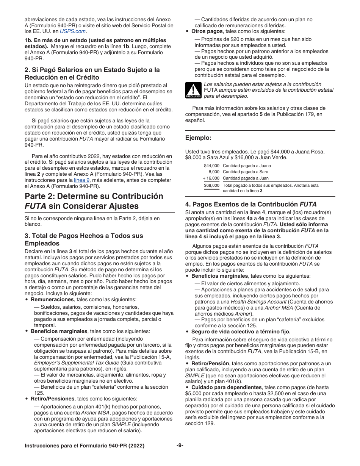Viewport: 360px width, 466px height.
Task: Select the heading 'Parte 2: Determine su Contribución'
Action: pyautogui.click(x=94, y=196)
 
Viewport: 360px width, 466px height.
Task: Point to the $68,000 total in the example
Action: pyautogui.click(x=211, y=185)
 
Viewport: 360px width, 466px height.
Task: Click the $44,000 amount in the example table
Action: pyautogui.click(x=211, y=166)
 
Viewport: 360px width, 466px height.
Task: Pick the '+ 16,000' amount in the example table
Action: pyautogui.click(x=211, y=178)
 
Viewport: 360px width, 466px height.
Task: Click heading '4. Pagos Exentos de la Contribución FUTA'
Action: pyautogui.click(x=251, y=204)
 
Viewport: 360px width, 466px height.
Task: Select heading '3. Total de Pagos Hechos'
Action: pyautogui.click(x=84, y=236)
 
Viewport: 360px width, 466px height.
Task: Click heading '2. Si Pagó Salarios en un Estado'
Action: pyautogui.click(x=92, y=70)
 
